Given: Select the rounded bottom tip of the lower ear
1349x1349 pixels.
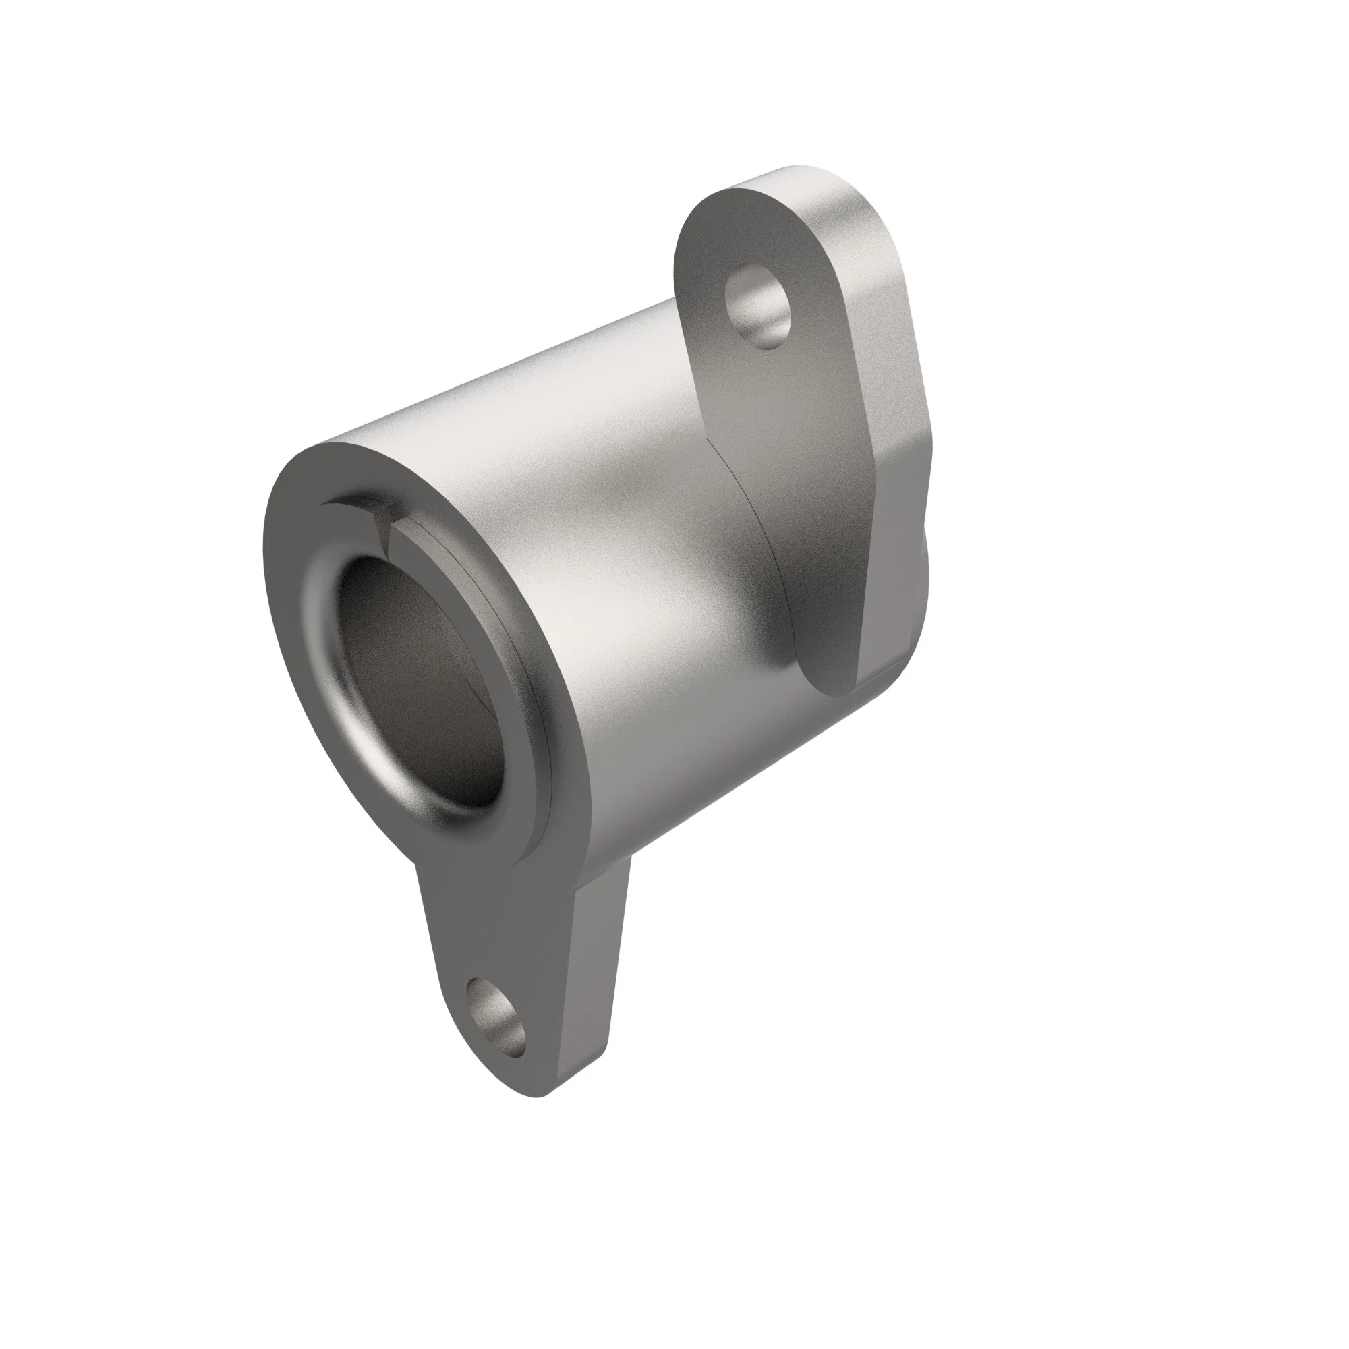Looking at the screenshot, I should (x=538, y=1110).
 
